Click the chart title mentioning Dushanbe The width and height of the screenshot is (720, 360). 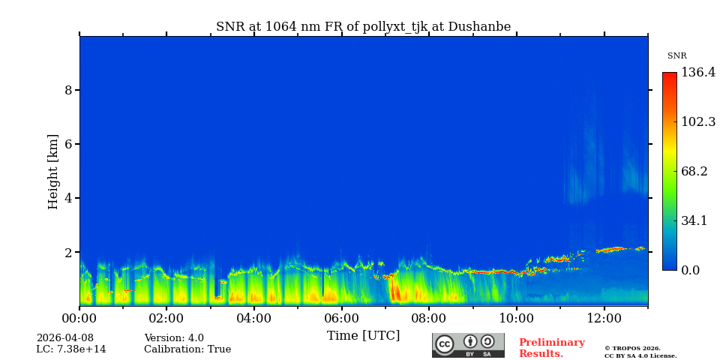363,27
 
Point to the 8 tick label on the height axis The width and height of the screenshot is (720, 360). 68,90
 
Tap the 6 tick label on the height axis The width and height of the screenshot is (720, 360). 68,144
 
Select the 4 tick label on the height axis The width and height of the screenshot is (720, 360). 68,198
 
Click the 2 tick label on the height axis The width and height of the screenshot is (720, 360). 68,253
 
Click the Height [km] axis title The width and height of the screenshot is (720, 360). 53,171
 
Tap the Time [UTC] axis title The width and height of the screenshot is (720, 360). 363,336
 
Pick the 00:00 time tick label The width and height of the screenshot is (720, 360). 79,319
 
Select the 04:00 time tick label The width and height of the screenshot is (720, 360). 254,319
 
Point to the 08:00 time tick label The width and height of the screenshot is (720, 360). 429,319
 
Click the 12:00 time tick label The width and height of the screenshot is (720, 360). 604,319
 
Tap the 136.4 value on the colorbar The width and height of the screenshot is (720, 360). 697,73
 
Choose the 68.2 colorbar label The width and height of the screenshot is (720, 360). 694,171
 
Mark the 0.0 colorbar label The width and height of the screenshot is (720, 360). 691,270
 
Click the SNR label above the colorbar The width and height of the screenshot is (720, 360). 676,56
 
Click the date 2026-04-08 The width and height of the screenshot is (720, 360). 65,338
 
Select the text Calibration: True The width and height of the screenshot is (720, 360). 187,349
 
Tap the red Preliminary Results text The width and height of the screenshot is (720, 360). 551,348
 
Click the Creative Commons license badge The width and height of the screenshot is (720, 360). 468,345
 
